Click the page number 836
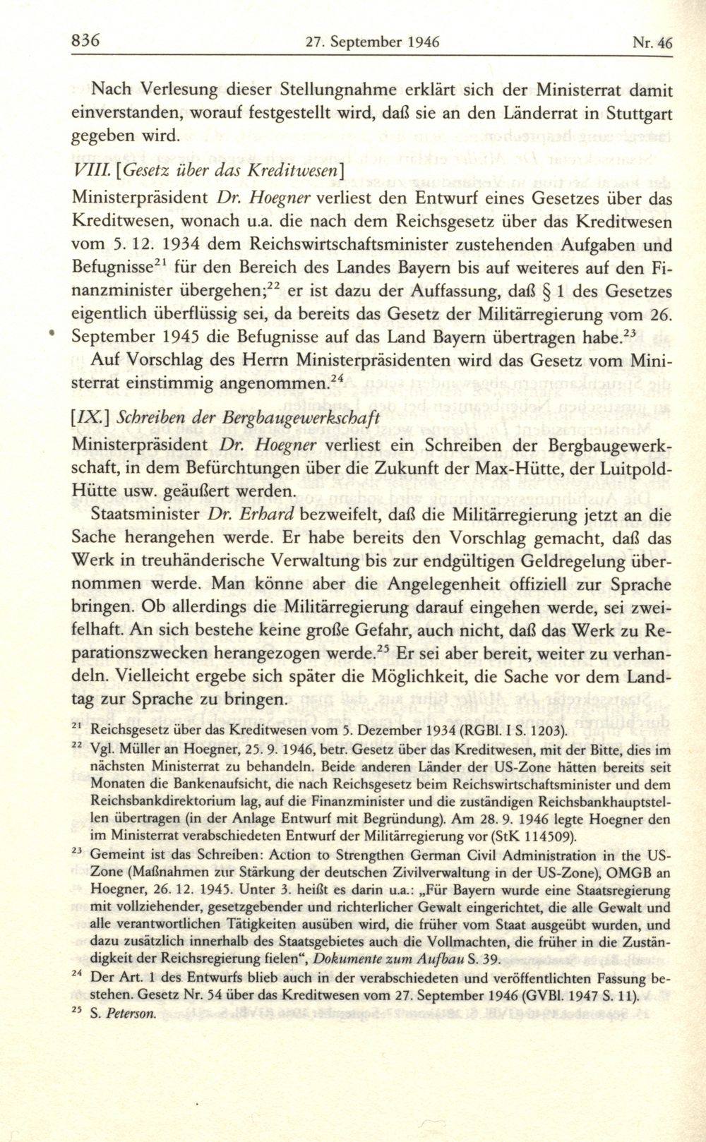(x=88, y=40)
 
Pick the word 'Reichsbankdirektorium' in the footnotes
(x=164, y=801)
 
